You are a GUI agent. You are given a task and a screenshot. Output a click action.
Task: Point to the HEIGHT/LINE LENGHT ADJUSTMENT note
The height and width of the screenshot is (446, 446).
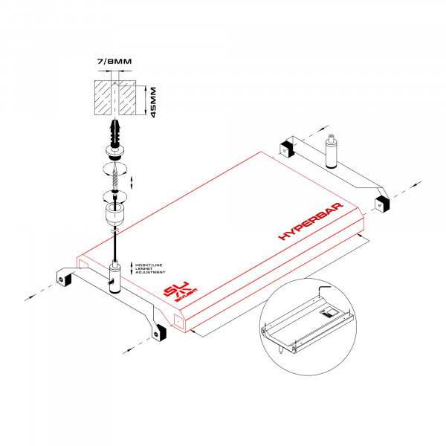coord(151,268)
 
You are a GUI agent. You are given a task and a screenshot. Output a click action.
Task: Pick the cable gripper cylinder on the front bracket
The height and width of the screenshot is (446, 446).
coord(115,277)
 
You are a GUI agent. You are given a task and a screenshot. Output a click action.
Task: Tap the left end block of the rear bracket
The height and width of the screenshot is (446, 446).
coord(288,150)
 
